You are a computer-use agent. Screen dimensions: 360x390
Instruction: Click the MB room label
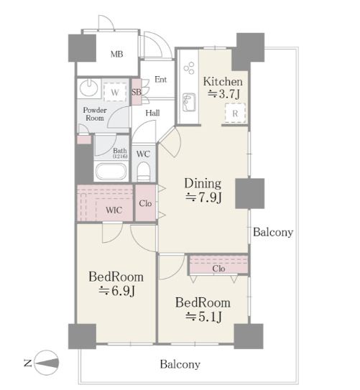116,54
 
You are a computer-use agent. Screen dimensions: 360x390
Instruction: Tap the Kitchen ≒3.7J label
223,88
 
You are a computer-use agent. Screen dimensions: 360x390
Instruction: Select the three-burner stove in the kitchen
189,68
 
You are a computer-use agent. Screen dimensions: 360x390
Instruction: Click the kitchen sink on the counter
189,102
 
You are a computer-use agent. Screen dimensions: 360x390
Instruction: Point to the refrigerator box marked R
235,113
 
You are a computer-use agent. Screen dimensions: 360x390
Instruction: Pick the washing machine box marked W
115,92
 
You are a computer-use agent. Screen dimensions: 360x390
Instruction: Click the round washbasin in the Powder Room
88,88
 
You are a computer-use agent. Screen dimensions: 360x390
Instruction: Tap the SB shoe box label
137,92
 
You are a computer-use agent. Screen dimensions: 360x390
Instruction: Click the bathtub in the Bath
111,172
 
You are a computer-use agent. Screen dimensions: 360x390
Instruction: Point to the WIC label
114,210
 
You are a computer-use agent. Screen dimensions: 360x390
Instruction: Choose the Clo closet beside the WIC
146,203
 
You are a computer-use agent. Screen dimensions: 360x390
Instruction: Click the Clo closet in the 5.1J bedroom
218,265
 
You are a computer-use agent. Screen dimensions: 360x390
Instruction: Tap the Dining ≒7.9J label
203,190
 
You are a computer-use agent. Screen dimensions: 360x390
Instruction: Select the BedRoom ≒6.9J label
116,284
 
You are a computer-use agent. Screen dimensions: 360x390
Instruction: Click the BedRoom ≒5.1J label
203,310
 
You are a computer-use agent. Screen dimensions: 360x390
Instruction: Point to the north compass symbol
46,363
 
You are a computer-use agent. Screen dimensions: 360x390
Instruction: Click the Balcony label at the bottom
180,364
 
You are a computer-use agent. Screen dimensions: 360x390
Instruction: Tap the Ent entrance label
160,80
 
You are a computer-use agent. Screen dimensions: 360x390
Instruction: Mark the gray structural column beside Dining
250,193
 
